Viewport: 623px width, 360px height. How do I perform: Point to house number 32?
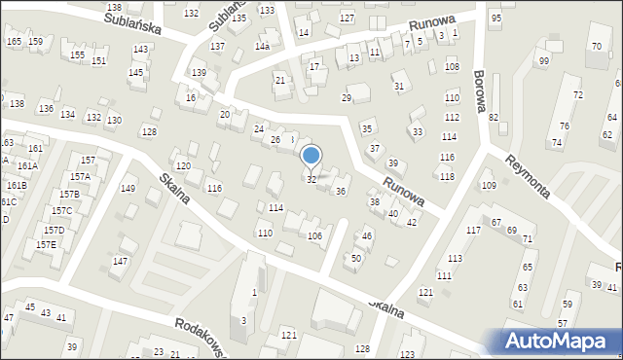[x=311, y=180]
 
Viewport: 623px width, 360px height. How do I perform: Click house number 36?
[x=340, y=192]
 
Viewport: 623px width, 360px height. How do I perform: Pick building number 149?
[x=128, y=188]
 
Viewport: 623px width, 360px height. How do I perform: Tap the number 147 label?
[x=120, y=261]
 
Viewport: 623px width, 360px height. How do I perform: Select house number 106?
[x=314, y=236]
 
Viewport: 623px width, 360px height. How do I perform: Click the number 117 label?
[x=473, y=230]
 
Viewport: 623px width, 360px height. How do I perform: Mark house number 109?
[x=489, y=185]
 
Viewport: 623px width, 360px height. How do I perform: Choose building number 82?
[x=494, y=117]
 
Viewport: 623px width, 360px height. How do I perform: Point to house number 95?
[x=495, y=18]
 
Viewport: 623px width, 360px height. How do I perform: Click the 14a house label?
[x=262, y=46]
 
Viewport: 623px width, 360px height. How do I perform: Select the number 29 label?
[x=346, y=98]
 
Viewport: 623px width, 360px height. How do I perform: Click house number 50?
[x=356, y=258]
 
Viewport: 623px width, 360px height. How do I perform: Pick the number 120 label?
[x=183, y=166]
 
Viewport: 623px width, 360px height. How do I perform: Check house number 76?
[x=564, y=126]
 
